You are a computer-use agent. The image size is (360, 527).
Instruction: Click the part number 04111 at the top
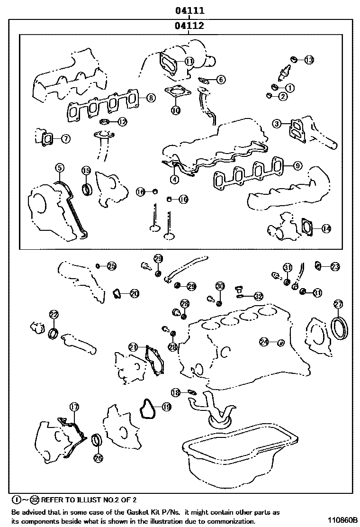click(x=189, y=11)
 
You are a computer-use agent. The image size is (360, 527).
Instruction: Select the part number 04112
click(x=189, y=26)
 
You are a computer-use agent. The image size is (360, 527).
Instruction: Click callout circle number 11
click(x=189, y=61)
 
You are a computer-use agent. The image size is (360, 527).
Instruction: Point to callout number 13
click(x=309, y=60)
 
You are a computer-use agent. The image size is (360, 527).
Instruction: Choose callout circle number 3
click(x=277, y=124)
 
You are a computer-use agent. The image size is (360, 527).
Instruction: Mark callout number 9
click(x=297, y=165)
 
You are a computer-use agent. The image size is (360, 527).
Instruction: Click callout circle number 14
click(x=326, y=228)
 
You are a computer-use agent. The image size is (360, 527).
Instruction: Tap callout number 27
click(x=338, y=304)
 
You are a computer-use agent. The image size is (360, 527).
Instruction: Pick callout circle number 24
click(x=264, y=342)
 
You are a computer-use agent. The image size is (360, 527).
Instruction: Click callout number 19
click(x=167, y=407)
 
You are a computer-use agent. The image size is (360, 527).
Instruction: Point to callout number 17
click(x=74, y=407)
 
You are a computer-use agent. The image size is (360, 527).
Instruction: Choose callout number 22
click(x=54, y=315)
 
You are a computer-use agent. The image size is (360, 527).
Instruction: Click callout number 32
click(x=258, y=296)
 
